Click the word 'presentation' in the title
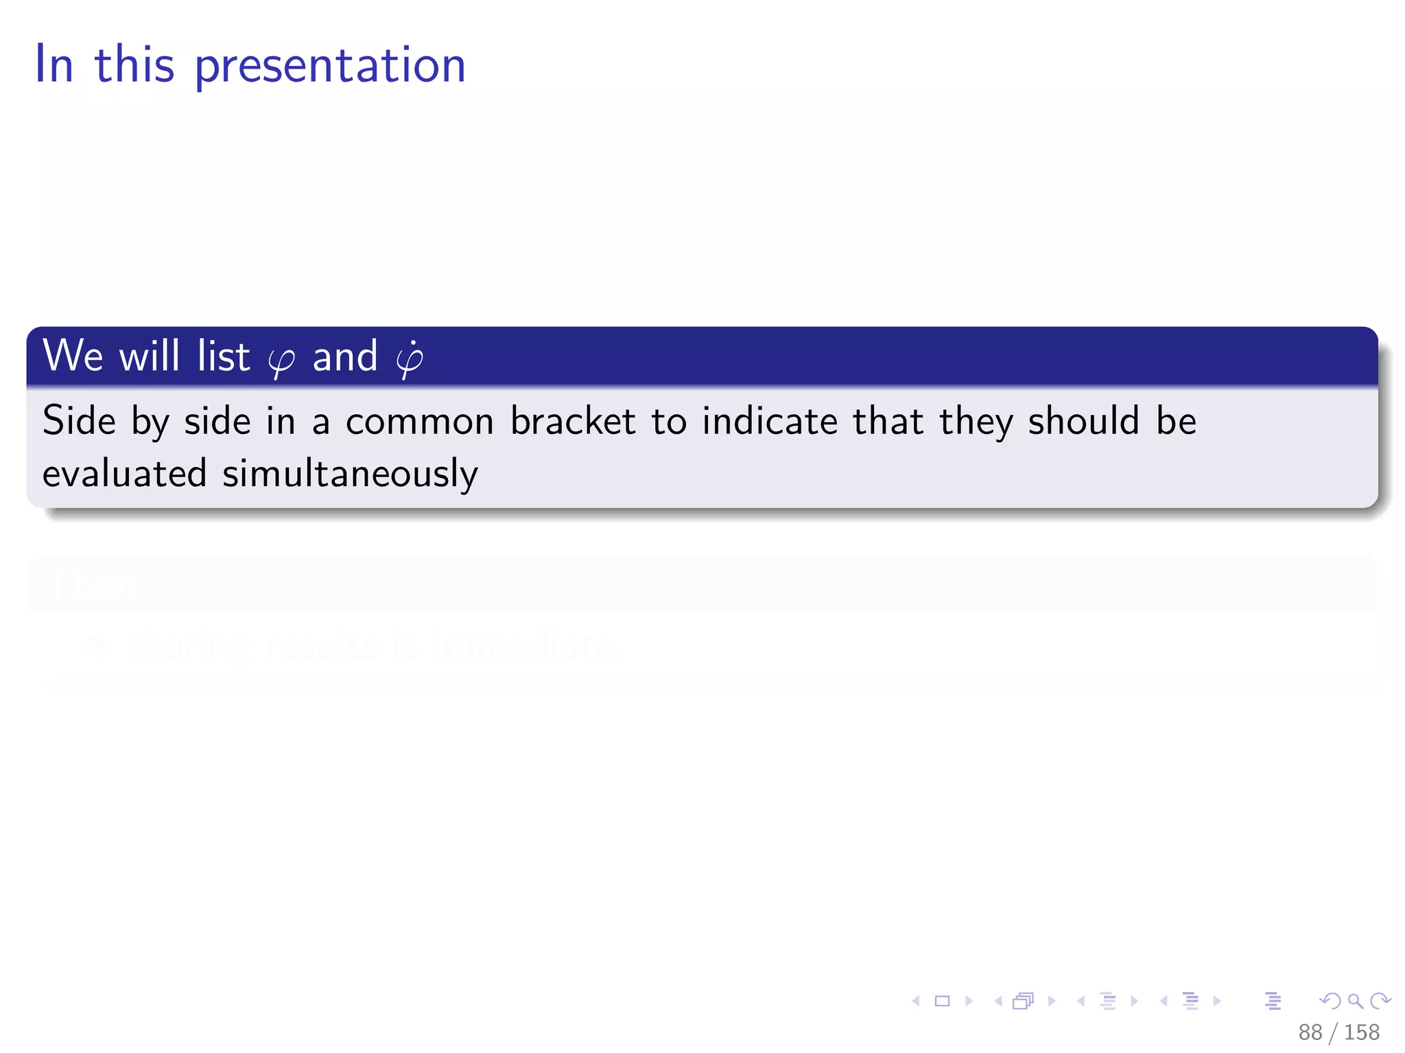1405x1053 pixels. click(330, 66)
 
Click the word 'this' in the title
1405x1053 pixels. click(134, 64)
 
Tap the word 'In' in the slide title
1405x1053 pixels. click(54, 64)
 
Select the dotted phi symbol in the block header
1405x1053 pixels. click(410, 359)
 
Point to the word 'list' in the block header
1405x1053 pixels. click(224, 356)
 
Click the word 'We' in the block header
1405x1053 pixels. click(73, 356)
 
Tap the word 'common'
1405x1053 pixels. click(420, 422)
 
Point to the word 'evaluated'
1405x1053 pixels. click(124, 474)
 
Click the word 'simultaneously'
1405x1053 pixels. click(350, 474)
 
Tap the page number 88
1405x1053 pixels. click(1310, 1032)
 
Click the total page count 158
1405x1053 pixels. click(1362, 1032)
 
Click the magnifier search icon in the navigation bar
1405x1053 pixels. click(1355, 1001)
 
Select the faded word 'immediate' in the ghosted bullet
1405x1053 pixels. click(525, 646)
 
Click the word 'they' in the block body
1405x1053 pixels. click(976, 422)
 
